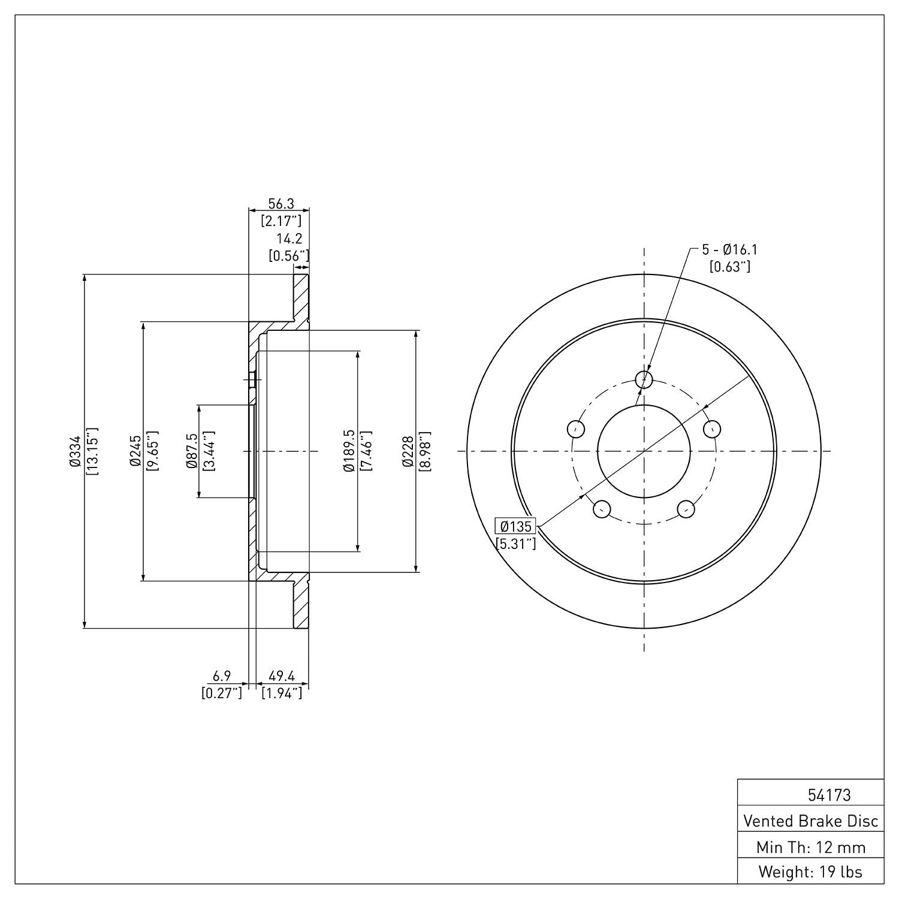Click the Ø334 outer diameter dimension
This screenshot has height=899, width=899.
74,451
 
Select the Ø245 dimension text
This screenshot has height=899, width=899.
135,451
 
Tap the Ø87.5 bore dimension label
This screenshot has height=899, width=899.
192,451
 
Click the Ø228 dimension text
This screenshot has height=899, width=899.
408,451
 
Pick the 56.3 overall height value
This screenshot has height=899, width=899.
280,204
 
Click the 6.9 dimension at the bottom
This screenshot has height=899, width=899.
222,676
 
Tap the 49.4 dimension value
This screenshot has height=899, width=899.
282,676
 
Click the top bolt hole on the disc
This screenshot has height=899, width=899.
644,379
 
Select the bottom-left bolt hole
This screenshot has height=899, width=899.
601,509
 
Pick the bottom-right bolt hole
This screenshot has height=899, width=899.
686,509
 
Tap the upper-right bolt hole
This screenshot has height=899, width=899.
712,429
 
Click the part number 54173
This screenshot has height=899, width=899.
829,795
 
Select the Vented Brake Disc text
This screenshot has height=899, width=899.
811,820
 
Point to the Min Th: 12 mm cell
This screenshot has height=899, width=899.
811,847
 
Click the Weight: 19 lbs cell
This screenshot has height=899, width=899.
811,871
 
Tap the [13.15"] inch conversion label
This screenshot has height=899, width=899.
92,451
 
